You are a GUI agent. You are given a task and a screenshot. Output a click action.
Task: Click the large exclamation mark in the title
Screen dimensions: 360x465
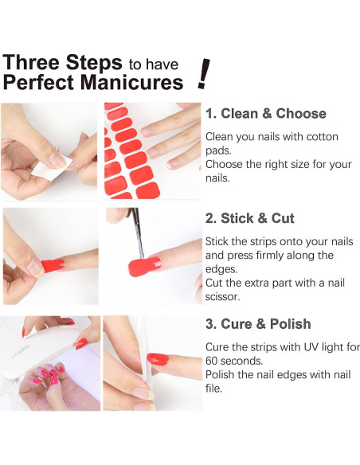[x=204, y=73]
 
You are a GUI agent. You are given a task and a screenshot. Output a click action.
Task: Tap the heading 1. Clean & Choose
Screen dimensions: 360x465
[x=266, y=114]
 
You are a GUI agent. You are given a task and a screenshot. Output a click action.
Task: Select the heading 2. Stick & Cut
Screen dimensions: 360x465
[x=249, y=218]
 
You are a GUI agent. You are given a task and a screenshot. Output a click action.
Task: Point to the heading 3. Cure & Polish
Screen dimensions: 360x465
[x=258, y=323]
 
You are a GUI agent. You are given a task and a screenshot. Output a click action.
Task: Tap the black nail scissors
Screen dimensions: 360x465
[x=136, y=232]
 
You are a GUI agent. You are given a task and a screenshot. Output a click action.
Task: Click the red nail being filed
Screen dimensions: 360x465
[x=158, y=359]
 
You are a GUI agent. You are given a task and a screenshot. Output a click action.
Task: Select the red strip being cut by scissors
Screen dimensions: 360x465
[x=144, y=266]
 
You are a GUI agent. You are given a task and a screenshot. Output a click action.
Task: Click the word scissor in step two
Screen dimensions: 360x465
[x=222, y=296]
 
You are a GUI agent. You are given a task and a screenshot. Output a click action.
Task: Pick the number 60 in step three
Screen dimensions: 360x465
[x=213, y=361]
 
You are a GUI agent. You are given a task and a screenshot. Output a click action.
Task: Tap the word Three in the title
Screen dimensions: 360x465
[x=31, y=62]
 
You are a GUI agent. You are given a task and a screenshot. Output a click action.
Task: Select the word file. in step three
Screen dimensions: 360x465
[x=213, y=389]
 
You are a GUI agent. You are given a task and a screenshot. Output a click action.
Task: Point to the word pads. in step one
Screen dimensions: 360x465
[x=218, y=150]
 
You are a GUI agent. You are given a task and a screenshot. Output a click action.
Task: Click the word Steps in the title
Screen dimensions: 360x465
[x=94, y=63]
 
